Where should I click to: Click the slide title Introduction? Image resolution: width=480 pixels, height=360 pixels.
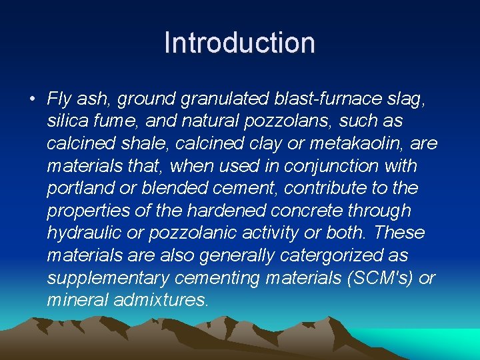point(239,43)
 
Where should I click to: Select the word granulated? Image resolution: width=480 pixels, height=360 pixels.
point(227,100)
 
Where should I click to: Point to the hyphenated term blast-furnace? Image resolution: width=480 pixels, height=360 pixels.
point(330,100)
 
